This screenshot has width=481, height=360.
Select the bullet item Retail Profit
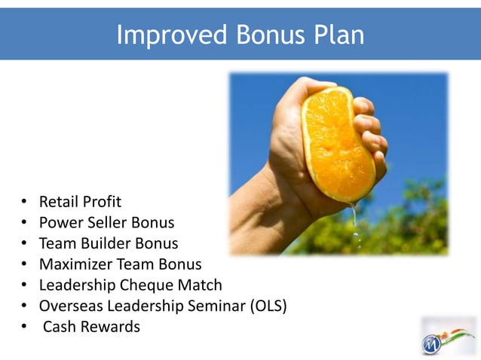coord(80,202)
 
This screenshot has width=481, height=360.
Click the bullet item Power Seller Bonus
coord(106,223)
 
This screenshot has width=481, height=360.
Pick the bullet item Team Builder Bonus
coord(109,243)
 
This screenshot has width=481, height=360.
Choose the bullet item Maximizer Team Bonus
coord(120,264)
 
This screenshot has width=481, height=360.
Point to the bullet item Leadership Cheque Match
coord(130,285)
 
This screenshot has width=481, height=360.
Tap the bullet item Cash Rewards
coord(91,327)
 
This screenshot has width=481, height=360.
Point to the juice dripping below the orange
coord(355,226)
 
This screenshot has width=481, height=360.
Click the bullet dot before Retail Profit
coord(24,203)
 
